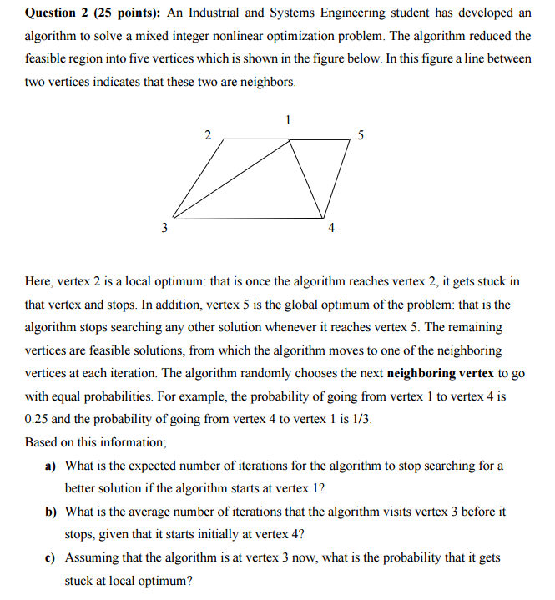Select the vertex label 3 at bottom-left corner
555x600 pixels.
[x=164, y=227]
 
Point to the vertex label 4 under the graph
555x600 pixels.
[x=331, y=228]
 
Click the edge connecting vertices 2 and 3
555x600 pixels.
[x=199, y=179]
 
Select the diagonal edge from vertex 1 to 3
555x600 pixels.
[x=234, y=178]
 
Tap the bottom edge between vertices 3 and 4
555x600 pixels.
[x=250, y=219]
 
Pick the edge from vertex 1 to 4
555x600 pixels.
[x=306, y=179]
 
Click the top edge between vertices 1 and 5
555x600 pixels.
[x=320, y=139]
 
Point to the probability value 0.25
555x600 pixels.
[x=38, y=420]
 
